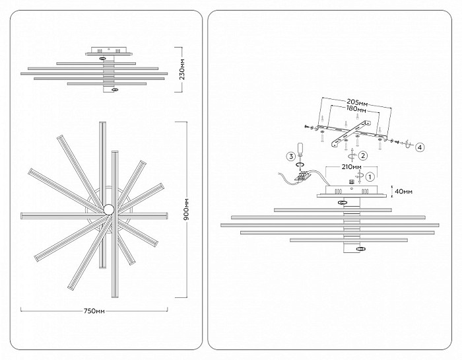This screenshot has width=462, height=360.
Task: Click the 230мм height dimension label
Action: pos(183,69)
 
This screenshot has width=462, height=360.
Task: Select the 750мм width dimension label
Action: pos(94,310)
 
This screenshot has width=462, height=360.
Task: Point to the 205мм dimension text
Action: pos(357,103)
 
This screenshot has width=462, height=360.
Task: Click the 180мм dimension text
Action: pos(356,109)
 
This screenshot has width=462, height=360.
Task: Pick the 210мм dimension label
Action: pos(351,167)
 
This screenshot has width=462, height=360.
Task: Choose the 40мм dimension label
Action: pos(404,192)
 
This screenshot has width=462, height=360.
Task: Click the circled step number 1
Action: pos(370,176)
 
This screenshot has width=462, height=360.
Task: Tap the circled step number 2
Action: pos(363,155)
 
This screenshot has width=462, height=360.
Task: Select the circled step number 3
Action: pos(291,156)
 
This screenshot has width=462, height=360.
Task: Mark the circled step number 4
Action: pos(420,147)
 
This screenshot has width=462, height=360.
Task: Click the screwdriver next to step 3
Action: pos(300,153)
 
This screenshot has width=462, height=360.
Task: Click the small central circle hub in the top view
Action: pos(108,209)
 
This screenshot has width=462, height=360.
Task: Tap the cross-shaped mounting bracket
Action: pos(350,134)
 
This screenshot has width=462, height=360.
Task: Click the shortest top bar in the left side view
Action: pos(96,63)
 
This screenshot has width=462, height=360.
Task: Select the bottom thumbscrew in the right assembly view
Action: pos(360,249)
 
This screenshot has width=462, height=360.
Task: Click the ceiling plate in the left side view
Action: pos(109,52)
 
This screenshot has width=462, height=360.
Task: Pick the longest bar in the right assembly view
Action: pos(330,225)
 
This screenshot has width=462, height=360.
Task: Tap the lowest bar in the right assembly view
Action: pos(349,240)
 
